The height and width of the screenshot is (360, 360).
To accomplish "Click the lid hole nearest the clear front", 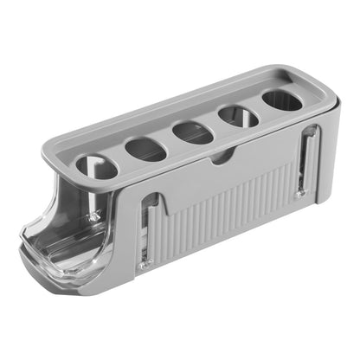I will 96,166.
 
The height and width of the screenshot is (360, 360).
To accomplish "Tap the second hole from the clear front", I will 145,149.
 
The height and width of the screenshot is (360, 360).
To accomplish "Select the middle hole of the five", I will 192,132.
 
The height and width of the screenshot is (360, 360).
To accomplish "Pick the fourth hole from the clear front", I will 237,116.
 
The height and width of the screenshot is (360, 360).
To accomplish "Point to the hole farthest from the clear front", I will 282,100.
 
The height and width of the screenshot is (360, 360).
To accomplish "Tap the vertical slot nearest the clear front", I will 148,229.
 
